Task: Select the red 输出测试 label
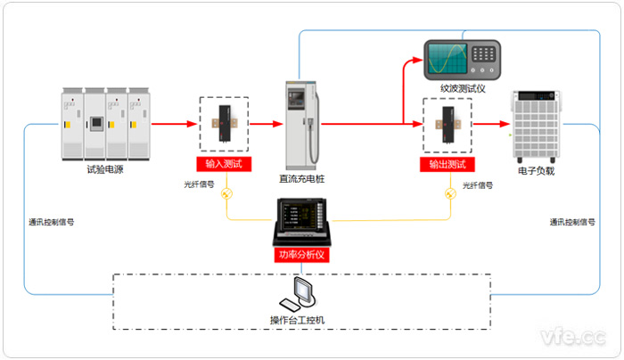(x=447, y=165)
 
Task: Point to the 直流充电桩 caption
(x=302, y=178)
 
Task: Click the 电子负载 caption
(x=537, y=170)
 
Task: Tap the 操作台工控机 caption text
(x=302, y=319)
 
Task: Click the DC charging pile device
(x=301, y=125)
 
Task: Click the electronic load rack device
(x=535, y=125)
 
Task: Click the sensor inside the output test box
(x=447, y=125)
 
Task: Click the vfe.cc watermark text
(x=572, y=338)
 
